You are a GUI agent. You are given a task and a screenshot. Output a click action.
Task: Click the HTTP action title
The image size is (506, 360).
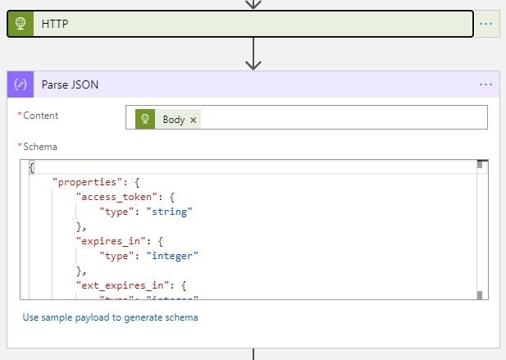[55, 25]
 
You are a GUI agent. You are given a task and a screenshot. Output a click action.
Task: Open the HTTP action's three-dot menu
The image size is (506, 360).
[486, 24]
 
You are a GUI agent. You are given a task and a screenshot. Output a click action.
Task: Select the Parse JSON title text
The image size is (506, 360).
[71, 84]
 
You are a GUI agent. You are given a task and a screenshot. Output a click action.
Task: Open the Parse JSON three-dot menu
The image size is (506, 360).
[486, 84]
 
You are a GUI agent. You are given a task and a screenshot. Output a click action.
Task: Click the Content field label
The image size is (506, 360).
[41, 116]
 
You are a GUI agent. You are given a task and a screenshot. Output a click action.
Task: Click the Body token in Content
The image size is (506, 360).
[173, 120]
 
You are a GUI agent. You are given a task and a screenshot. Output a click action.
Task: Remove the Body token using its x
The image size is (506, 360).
[194, 120]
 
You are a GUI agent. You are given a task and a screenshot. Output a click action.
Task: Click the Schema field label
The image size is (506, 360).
[41, 147]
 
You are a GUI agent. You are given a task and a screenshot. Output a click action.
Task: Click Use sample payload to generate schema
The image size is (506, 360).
[110, 317]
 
